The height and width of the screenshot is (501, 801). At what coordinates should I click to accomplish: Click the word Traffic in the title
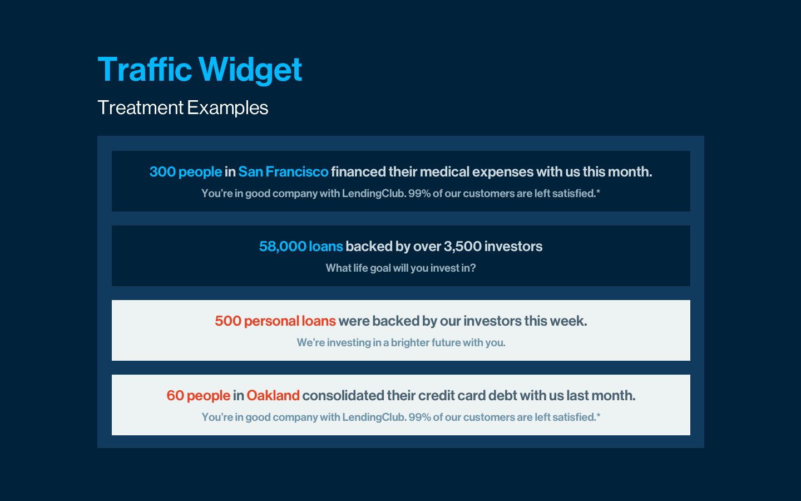click(145, 69)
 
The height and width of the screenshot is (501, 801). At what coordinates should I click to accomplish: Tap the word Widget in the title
click(250, 71)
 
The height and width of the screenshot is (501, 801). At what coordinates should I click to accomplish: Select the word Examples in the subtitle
click(228, 108)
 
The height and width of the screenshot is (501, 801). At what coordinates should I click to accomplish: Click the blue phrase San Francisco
click(283, 172)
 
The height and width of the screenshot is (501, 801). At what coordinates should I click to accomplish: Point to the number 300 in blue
click(162, 172)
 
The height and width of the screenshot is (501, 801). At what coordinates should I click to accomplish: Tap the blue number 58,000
click(283, 247)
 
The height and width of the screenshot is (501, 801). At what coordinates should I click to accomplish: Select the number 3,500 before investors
click(463, 247)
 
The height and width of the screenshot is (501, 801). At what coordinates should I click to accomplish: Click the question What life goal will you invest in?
click(401, 268)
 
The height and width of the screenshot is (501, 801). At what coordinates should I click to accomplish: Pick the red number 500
click(228, 321)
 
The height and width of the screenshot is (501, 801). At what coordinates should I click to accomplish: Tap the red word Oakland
click(273, 396)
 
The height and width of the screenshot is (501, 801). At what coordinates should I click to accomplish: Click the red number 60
click(175, 396)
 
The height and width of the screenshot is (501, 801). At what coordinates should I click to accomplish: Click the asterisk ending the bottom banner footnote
click(599, 415)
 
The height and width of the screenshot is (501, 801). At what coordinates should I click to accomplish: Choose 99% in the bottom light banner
click(420, 417)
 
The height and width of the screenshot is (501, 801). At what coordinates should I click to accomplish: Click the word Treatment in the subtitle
click(141, 108)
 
